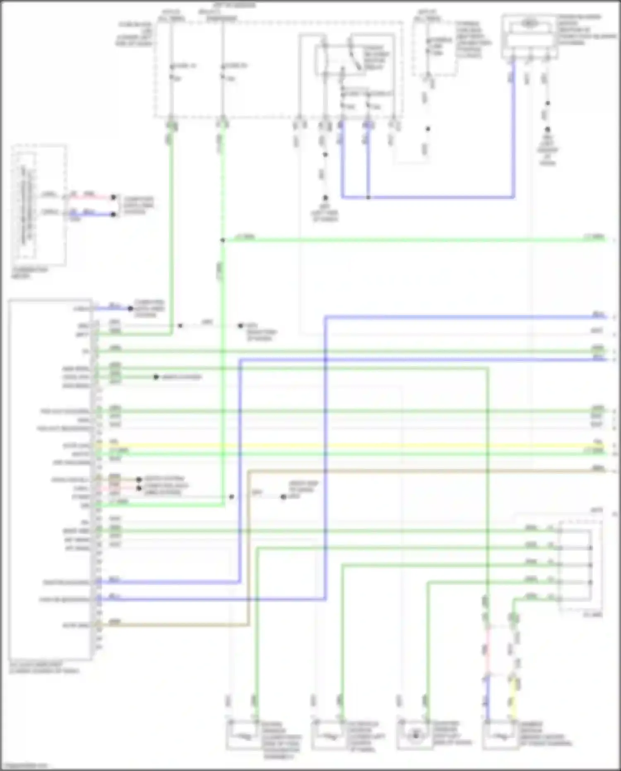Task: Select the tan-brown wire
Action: [x=414, y=471]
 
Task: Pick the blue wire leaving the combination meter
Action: [x=91, y=214]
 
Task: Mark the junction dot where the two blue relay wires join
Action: [x=368, y=197]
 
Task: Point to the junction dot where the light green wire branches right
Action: [x=222, y=240]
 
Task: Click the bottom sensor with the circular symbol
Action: [x=415, y=735]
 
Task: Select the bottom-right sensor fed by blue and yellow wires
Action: [x=501, y=735]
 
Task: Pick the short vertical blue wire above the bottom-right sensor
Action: [x=487, y=700]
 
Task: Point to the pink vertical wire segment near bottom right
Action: [x=487, y=650]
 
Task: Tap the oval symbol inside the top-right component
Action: [x=529, y=24]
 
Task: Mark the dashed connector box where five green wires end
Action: [x=580, y=565]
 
